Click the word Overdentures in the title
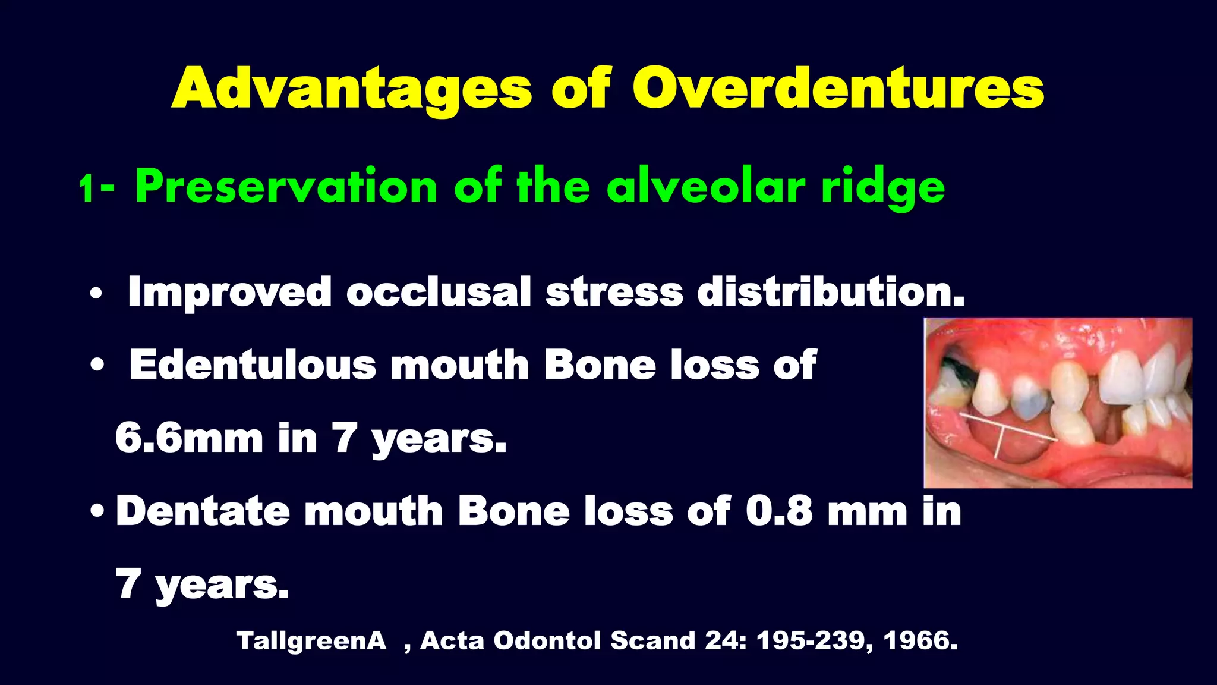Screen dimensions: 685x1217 coord(838,89)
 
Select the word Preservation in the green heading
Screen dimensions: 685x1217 coord(286,187)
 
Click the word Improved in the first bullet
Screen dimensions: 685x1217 coord(229,292)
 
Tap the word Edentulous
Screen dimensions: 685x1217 coord(253,365)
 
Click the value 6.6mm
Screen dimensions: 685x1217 coord(189,438)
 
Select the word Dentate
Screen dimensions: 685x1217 coord(203,511)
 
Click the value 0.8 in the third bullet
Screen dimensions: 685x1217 coord(779,511)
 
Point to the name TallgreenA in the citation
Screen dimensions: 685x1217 coord(311,641)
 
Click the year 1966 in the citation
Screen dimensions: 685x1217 coord(919,641)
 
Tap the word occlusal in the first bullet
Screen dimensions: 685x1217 coord(439,292)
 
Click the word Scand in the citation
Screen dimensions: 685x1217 coord(652,641)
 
